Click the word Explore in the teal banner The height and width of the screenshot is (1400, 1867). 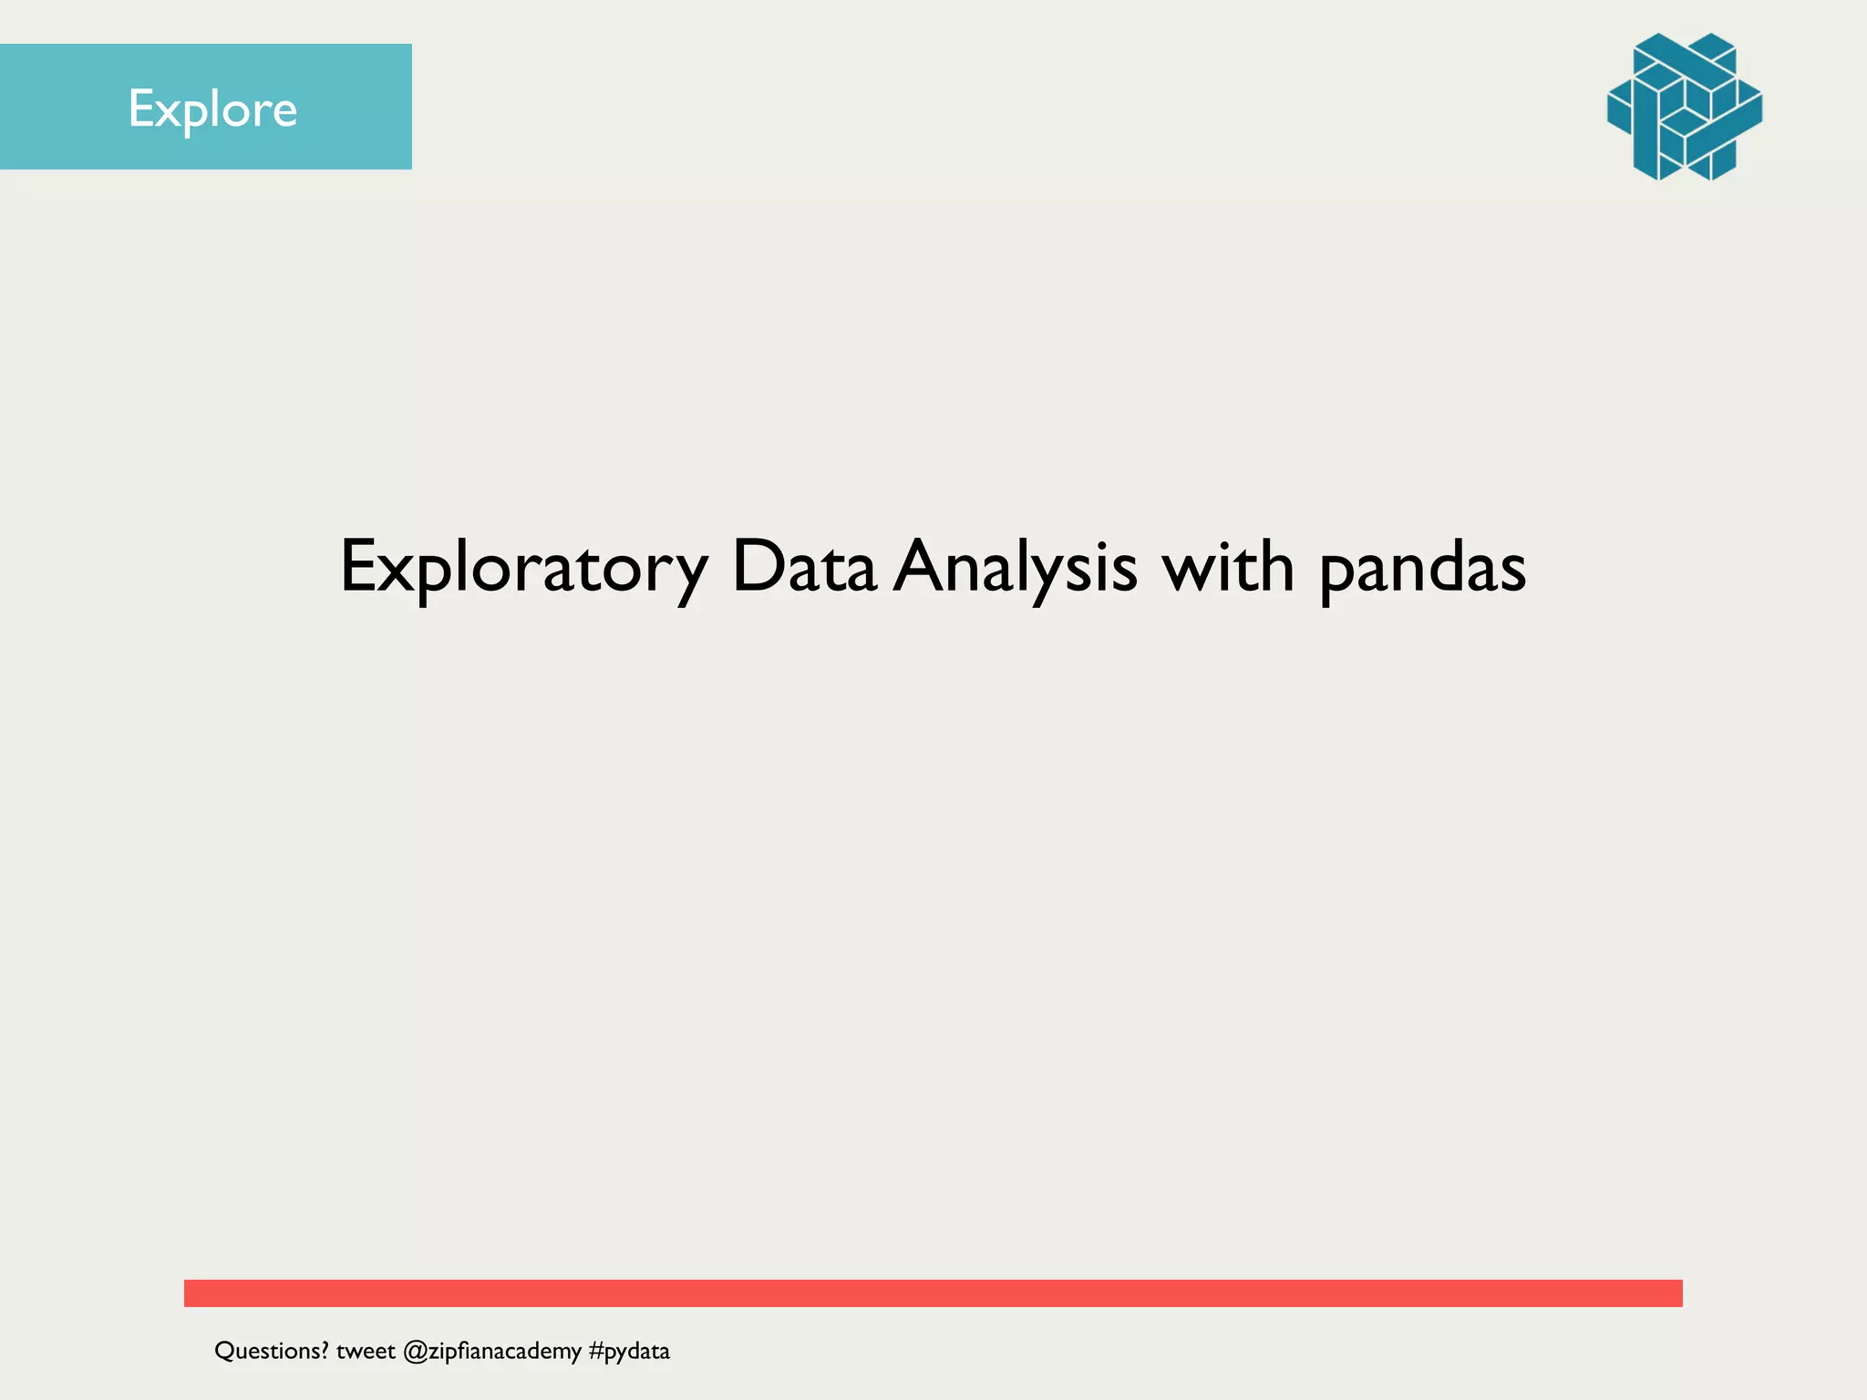(212, 109)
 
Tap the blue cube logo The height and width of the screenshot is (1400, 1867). (1684, 107)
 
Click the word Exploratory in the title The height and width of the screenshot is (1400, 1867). (523, 567)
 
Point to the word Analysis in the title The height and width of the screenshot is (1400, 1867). (1015, 567)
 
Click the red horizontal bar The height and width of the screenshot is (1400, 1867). (933, 1292)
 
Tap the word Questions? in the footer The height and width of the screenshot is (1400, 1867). (271, 1351)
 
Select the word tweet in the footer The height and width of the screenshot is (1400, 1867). (366, 1351)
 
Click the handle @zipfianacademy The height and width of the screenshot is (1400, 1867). (491, 1352)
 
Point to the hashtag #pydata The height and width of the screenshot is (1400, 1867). (629, 1351)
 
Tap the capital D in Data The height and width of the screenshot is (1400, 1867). (758, 567)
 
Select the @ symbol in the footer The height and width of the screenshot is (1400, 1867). (415, 1352)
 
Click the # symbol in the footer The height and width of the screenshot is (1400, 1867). (596, 1351)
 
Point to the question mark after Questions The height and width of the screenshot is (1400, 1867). (324, 1350)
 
